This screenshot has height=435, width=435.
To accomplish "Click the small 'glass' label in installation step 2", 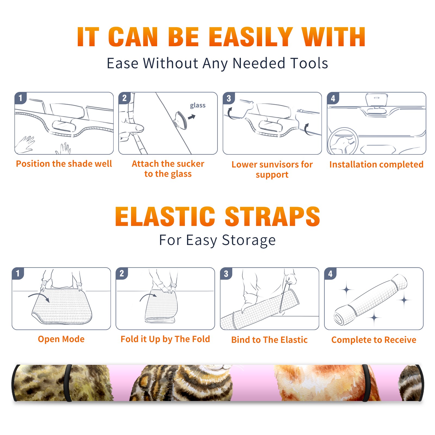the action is [x=198, y=105].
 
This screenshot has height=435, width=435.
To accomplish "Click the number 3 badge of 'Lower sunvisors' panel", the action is [x=228, y=98].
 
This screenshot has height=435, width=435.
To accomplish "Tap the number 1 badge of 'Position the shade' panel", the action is [x=20, y=98].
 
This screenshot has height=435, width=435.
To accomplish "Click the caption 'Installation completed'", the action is [x=376, y=164].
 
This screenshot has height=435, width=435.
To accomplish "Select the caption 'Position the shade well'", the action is [x=64, y=164].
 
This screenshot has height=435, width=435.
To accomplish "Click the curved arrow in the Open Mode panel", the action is [x=39, y=296].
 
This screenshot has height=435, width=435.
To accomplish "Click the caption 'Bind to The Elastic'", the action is [x=269, y=340].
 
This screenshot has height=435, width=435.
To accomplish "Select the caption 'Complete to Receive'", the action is [x=374, y=340].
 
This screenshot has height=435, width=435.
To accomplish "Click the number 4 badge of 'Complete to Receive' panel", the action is [x=330, y=274].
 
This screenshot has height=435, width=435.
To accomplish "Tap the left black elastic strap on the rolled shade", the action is [x=68, y=383].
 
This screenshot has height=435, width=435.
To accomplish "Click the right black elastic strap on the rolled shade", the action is [x=366, y=383].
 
